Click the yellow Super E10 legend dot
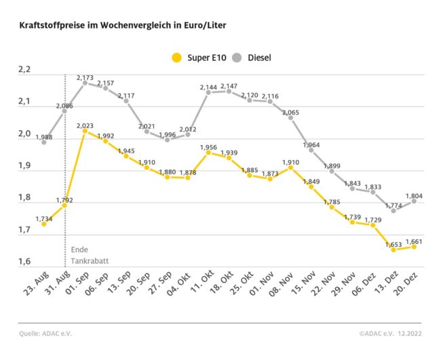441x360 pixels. (x=177, y=57)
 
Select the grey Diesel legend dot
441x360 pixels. (x=237, y=57)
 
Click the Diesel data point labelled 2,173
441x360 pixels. (x=85, y=83)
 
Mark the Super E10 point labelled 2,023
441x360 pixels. (x=85, y=131)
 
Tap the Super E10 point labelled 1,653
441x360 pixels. (x=393, y=249)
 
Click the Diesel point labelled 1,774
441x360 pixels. (x=393, y=210)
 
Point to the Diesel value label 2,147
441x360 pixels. (x=229, y=86)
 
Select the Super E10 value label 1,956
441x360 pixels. (x=208, y=146)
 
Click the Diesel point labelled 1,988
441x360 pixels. (x=44, y=142)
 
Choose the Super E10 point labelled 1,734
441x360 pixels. (x=44, y=224)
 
